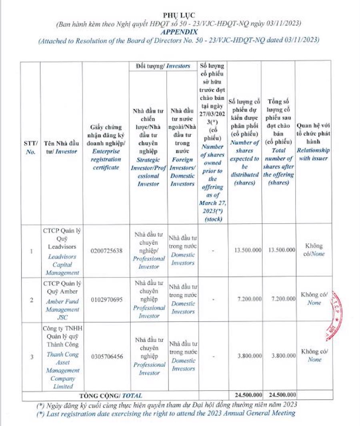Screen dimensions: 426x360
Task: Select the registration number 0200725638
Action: pos(106,251)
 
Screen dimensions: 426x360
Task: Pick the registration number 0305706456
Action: pos(106,356)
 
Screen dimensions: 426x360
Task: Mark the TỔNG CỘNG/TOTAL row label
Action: pos(110,395)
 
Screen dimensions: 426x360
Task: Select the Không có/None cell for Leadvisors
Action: pos(314,250)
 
